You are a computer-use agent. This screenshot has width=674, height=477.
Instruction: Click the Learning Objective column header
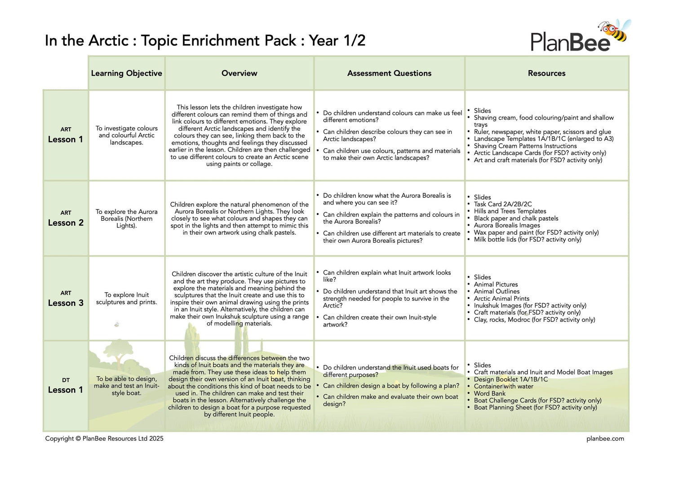click(126, 73)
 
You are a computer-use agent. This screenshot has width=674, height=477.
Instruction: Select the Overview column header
click(239, 73)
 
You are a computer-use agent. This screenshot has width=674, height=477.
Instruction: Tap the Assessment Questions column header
click(389, 73)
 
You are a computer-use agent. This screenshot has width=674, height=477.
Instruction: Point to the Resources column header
click(546, 73)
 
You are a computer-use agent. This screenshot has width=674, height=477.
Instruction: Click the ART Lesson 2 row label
click(66, 218)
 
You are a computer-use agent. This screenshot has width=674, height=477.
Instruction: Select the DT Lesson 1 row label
click(66, 386)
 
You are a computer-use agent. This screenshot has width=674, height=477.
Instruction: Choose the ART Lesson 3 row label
click(66, 299)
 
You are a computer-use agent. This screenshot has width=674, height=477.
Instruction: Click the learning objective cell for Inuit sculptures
click(126, 299)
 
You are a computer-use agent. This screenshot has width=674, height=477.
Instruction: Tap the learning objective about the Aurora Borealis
click(126, 218)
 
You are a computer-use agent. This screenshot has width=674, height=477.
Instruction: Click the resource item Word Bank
click(489, 393)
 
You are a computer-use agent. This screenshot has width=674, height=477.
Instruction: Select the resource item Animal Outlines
click(497, 291)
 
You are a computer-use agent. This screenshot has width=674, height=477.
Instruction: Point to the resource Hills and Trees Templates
click(510, 211)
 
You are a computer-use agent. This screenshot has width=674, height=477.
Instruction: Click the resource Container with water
click(503, 386)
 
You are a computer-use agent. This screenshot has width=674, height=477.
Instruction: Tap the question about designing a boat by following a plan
click(391, 386)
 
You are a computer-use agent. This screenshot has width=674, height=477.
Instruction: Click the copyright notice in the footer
click(104, 438)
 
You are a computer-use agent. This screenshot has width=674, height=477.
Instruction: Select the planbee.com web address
click(605, 438)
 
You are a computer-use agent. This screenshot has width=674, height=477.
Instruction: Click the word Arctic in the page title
click(108, 41)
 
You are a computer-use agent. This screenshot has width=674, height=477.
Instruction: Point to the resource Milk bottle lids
click(527, 240)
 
